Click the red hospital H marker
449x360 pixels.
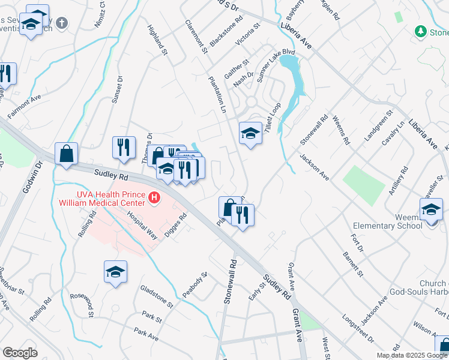pyautogui.click(x=155, y=197)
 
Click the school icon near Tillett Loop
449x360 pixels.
pyautogui.click(x=250, y=133)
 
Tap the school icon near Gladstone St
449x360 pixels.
pyautogui.click(x=115, y=271)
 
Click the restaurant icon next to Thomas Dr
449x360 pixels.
pyautogui.click(x=124, y=147)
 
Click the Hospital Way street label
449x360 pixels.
pyautogui.click(x=142, y=225)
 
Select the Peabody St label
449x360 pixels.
pyautogui.click(x=196, y=284)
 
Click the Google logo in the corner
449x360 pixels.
pyautogui.click(x=20, y=353)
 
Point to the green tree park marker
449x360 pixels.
pyautogui.click(x=421, y=31)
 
